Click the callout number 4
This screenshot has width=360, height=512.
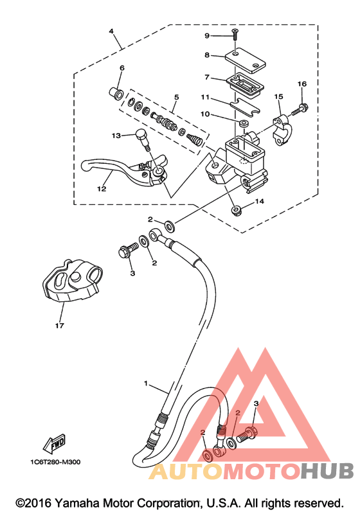coord(111,31)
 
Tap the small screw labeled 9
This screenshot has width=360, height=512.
coord(235,34)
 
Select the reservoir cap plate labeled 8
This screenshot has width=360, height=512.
coord(245,60)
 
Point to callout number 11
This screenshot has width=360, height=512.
coord(205,97)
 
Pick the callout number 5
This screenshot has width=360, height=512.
coord(176,97)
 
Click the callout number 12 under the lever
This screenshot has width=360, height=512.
coord(102,189)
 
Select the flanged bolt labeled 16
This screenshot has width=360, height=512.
coord(300,109)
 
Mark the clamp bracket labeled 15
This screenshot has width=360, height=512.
coord(282,129)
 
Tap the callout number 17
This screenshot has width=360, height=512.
coord(59,326)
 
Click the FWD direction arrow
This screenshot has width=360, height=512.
coord(55,444)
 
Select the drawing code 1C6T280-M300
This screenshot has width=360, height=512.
coord(55,462)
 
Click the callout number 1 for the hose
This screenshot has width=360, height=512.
coord(146,383)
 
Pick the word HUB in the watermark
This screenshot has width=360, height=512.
coord(327,471)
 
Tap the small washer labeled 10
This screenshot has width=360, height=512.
coord(244,123)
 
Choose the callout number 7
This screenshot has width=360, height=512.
coord(207,77)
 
